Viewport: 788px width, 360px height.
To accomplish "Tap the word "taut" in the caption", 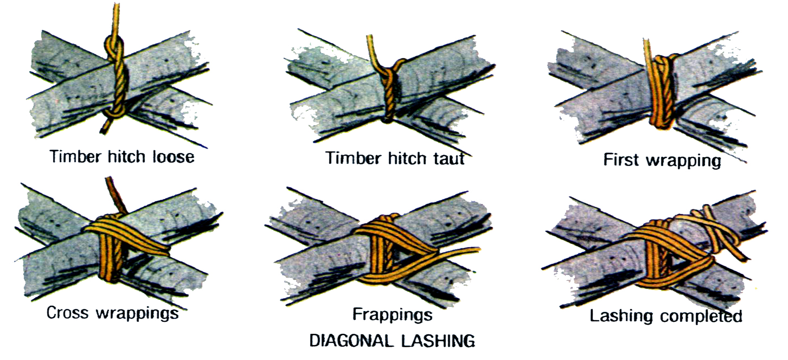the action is pos(448,158).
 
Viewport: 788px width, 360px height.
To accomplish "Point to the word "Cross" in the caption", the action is pos(67,313).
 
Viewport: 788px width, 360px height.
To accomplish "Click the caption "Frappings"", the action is pos(392,315).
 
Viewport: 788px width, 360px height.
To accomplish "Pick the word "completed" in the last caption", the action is pos(701,316).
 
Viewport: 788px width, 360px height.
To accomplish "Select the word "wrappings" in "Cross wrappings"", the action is pos(137,314).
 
